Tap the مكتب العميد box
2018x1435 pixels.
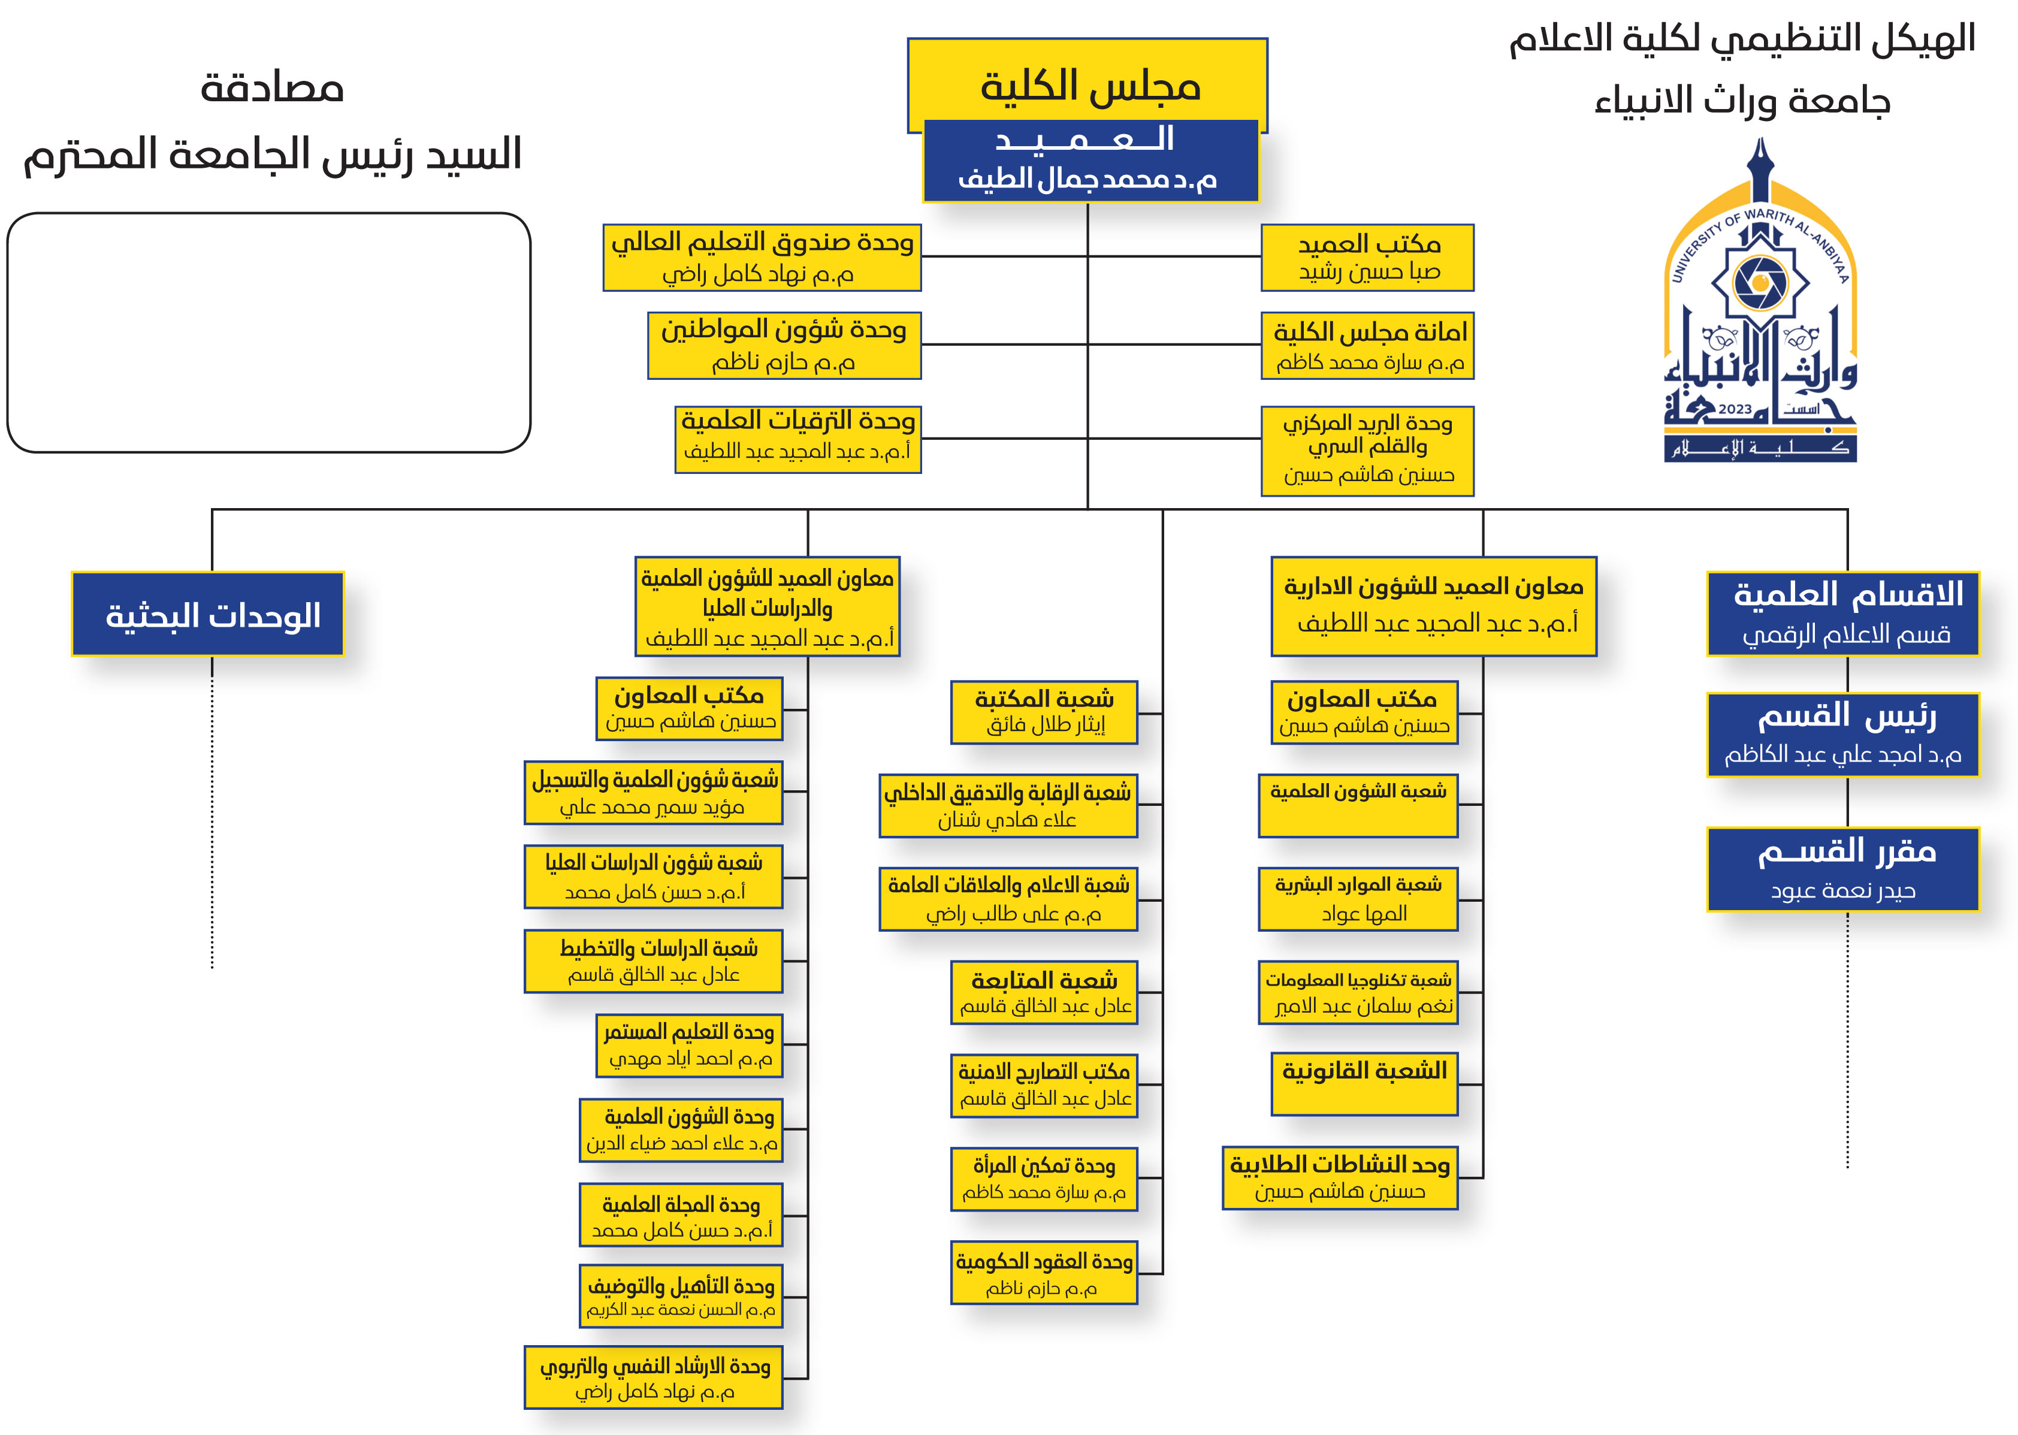(x=1367, y=257)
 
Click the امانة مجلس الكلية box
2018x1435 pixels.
(x=1367, y=346)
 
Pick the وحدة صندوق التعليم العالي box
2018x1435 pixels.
(x=762, y=257)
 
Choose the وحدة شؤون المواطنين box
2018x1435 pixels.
(x=784, y=346)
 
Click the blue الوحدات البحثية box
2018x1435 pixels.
(x=208, y=614)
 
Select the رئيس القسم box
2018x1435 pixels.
(x=1842, y=735)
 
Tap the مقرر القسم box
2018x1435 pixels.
(x=1842, y=869)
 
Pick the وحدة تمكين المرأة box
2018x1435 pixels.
(x=1044, y=1179)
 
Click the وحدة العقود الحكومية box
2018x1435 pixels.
(x=1044, y=1273)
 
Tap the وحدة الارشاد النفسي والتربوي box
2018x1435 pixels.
(x=654, y=1377)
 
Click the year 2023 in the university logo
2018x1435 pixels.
(x=1735, y=409)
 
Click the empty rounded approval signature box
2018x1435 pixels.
(x=268, y=333)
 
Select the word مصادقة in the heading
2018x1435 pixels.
(x=272, y=88)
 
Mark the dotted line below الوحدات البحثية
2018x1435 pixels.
(x=212, y=813)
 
